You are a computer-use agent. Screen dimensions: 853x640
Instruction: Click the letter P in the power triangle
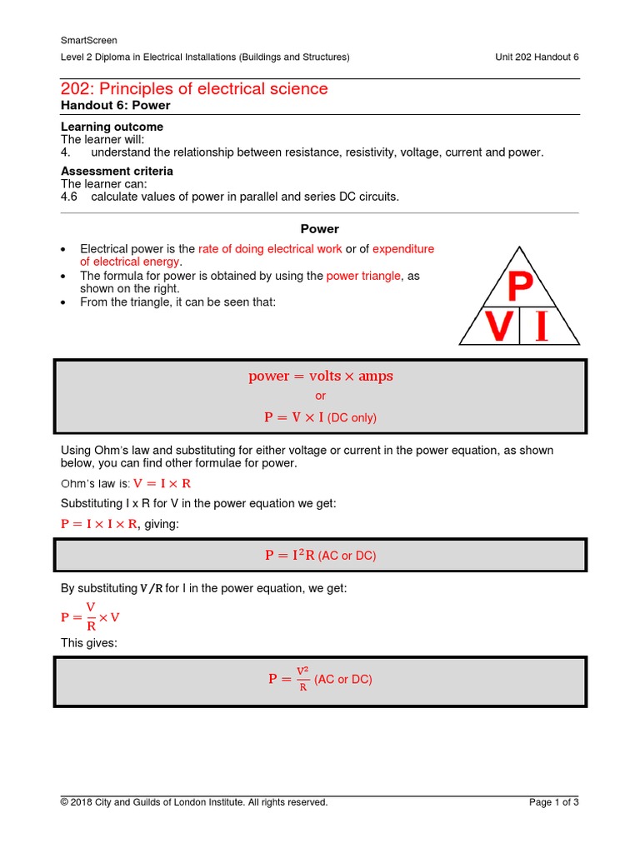(x=520, y=288)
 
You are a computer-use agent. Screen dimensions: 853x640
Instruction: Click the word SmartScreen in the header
(x=88, y=40)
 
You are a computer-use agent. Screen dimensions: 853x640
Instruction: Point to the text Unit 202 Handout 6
(x=537, y=57)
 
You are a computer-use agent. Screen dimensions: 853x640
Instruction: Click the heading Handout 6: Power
(x=115, y=105)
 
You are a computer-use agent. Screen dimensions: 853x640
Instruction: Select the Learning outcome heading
(x=112, y=127)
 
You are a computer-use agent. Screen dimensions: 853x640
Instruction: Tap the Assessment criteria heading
(x=117, y=171)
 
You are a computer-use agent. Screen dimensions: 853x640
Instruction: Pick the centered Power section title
(x=319, y=228)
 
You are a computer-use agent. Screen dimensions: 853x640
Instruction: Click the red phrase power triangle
(x=363, y=276)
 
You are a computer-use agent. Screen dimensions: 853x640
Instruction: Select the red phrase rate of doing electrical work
(x=270, y=249)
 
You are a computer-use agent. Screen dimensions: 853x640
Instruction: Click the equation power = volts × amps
(x=320, y=376)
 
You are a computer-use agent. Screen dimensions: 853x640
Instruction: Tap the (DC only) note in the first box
(x=352, y=418)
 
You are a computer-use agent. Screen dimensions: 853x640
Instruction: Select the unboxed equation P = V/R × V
(x=91, y=617)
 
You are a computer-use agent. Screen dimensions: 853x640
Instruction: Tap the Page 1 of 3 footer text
(x=553, y=802)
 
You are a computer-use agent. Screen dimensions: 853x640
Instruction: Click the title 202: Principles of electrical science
(x=194, y=88)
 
